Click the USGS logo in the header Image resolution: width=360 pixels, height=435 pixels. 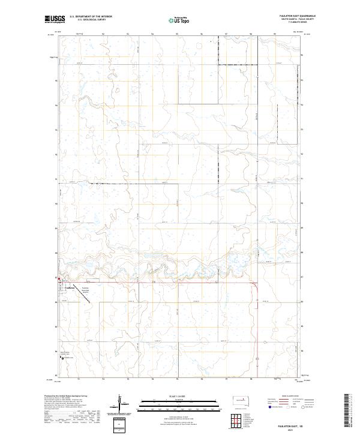pos(54,19)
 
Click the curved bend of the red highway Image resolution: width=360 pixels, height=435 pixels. pos(255,287)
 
